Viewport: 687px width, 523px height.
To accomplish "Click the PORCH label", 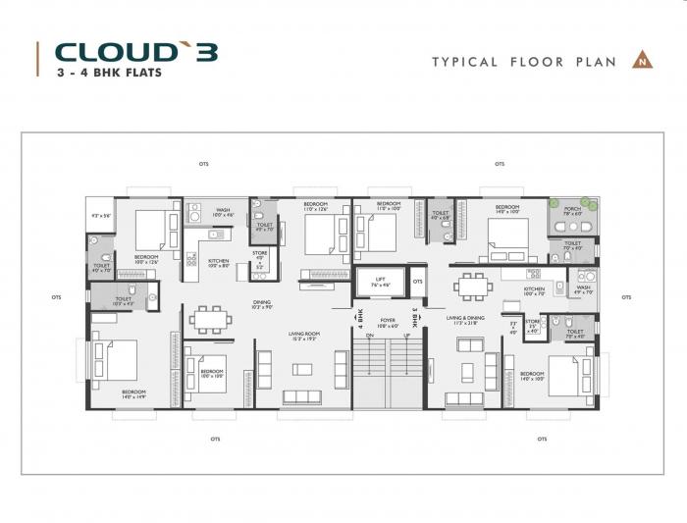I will pos(572,209).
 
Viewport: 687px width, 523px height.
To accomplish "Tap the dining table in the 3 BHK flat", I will pos(473,286).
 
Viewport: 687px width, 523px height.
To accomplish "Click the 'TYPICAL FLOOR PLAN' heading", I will pos(524,62).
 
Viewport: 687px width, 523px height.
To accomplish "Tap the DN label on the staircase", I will pos(369,337).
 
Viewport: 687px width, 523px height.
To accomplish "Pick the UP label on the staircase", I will pos(405,337).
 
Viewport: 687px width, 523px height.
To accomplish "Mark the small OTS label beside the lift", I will pos(417,283).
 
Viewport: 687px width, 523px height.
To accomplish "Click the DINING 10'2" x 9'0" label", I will pos(262,304).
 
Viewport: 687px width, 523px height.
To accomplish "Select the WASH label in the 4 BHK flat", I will pos(223,210).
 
